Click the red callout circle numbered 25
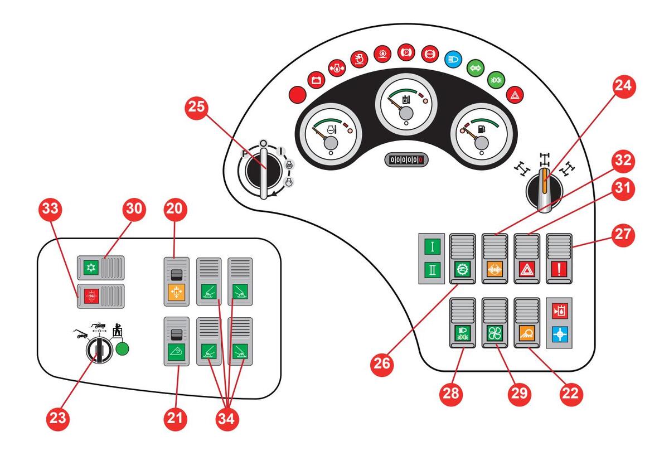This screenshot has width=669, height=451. pyautogui.click(x=196, y=107)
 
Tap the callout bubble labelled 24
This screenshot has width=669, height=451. pyautogui.click(x=624, y=86)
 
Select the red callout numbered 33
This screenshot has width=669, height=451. pyautogui.click(x=51, y=208)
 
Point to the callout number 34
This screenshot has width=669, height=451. pyautogui.click(x=227, y=419)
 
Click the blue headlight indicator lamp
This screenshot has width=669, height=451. pyautogui.click(x=453, y=60)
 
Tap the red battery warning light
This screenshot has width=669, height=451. pyautogui.click(x=316, y=80)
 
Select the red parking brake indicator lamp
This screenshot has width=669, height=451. pyautogui.click(x=406, y=52)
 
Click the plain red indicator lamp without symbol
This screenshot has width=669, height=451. pyautogui.click(x=298, y=94)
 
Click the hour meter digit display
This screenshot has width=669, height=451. pyautogui.click(x=406, y=160)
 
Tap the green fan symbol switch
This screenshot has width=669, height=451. pyautogui.click(x=495, y=333)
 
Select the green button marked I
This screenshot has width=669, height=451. pyautogui.click(x=432, y=246)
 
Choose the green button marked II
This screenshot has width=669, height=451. pyautogui.click(x=432, y=270)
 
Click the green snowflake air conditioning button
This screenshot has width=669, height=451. pyautogui.click(x=91, y=268)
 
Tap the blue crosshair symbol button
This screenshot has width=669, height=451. pyautogui.click(x=560, y=334)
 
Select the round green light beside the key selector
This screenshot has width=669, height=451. pyautogui.click(x=122, y=349)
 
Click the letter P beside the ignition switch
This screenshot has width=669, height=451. pyautogui.click(x=245, y=154)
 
